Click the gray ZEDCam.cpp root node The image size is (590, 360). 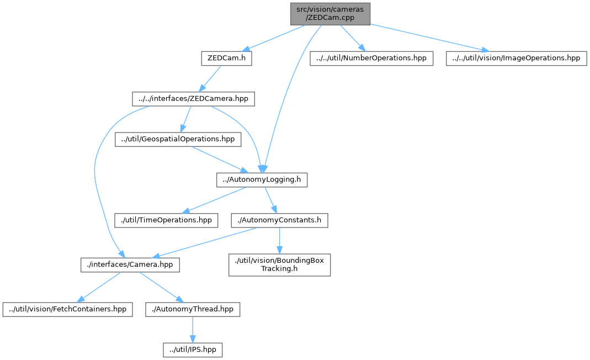pyautogui.click(x=331, y=13)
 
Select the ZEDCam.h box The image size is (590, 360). pyautogui.click(x=226, y=59)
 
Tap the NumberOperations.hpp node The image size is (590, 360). pyautogui.click(x=371, y=59)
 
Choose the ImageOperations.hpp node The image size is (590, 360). pyautogui.click(x=515, y=59)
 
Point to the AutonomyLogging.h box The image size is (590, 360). pyautogui.click(x=261, y=180)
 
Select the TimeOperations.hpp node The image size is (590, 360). pyautogui.click(x=166, y=220)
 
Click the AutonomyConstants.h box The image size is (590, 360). pyautogui.click(x=279, y=220)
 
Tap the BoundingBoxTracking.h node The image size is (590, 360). pyautogui.click(x=279, y=264)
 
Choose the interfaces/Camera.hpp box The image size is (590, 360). pyautogui.click(x=130, y=264)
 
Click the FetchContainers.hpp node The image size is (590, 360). pyautogui.click(x=68, y=309)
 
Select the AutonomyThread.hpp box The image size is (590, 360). pyautogui.click(x=193, y=309)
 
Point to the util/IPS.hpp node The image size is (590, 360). pyautogui.click(x=193, y=350)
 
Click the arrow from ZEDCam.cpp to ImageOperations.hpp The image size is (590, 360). pyautogui.click(x=425, y=37)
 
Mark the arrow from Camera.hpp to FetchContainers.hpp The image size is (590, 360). pyautogui.click(x=99, y=287)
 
